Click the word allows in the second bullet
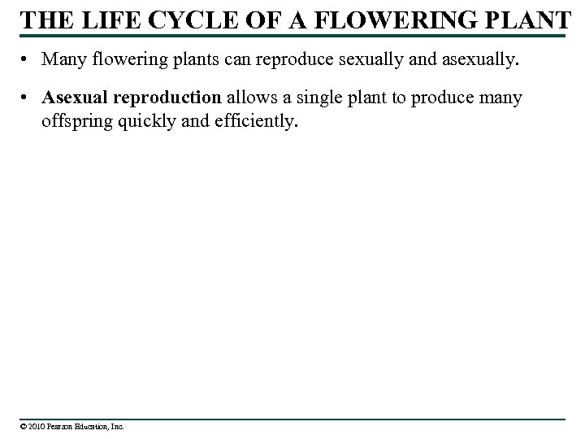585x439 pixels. [250, 98]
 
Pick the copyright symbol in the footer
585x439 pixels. [25, 425]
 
